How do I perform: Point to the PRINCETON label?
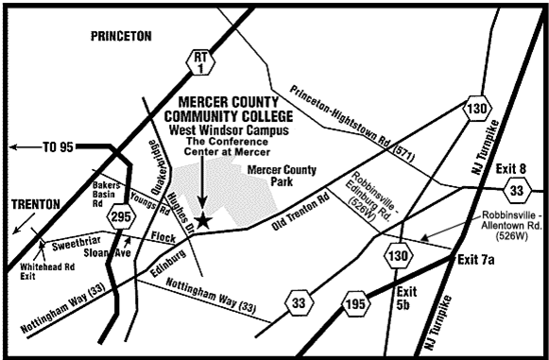tap(120, 36)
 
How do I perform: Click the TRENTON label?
tap(35, 204)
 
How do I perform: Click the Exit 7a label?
tap(478, 259)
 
